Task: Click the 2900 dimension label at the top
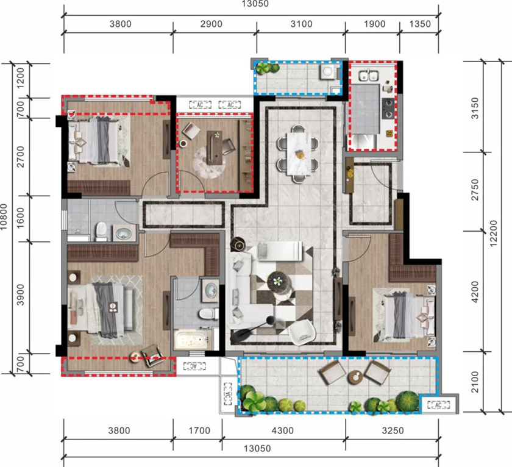212,24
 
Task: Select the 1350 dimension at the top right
420,24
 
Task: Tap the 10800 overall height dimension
4,216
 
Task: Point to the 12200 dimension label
493,233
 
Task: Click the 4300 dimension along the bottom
283,430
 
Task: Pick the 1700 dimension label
199,430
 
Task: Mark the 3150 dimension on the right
475,108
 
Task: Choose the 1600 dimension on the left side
21,218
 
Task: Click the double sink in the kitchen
368,76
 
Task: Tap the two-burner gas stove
388,108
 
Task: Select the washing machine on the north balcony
327,71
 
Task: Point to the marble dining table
297,153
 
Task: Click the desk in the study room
215,148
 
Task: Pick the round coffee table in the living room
278,282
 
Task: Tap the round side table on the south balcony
355,377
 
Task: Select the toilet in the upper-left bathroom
101,232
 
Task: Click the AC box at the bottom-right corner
438,405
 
